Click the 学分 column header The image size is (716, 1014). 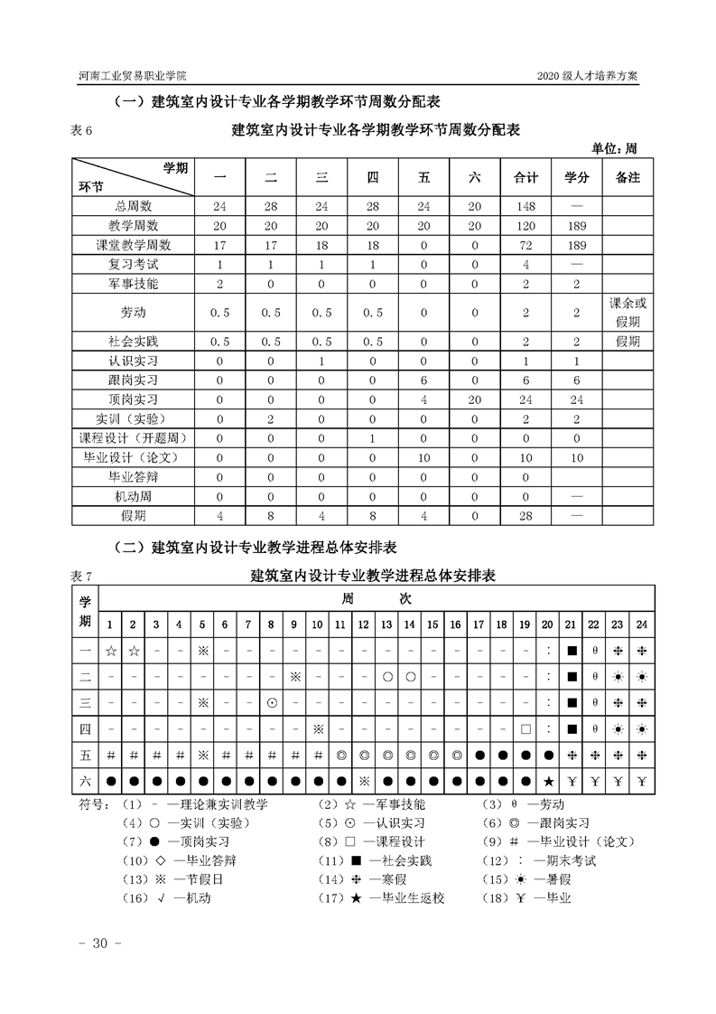point(576,178)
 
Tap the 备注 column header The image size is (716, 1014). point(628,178)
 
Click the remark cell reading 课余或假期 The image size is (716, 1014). point(628,313)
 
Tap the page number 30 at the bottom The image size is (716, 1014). point(94,944)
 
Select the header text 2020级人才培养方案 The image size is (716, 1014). point(587,76)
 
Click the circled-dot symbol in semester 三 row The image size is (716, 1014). point(271,702)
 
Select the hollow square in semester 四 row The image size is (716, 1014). point(525,728)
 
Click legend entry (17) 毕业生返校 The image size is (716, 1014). point(383,898)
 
